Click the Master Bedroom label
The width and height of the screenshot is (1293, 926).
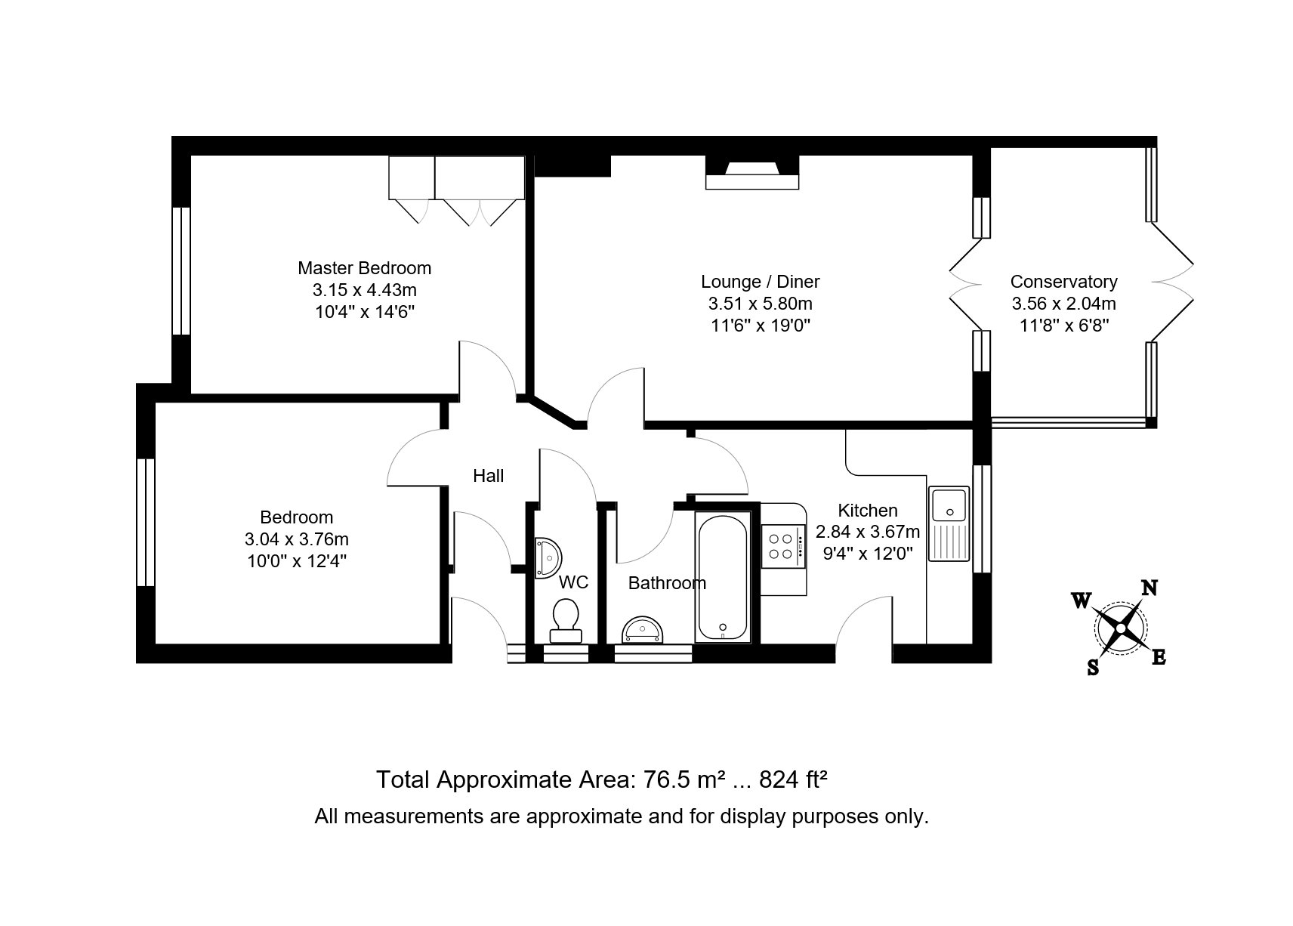pyautogui.click(x=364, y=268)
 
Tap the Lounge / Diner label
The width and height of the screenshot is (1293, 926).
pyautogui.click(x=761, y=282)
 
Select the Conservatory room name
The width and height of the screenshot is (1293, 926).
pyautogui.click(x=1064, y=282)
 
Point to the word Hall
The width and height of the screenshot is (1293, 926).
pyautogui.click(x=489, y=476)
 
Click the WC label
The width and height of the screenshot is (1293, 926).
pyautogui.click(x=573, y=582)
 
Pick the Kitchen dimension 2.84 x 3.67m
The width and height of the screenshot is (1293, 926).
pyautogui.click(x=868, y=532)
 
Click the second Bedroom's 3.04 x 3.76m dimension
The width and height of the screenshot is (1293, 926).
pyautogui.click(x=297, y=539)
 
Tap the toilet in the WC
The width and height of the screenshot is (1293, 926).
pyautogui.click(x=566, y=621)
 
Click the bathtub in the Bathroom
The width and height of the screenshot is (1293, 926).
pyautogui.click(x=723, y=577)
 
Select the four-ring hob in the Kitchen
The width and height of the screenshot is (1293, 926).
pyautogui.click(x=782, y=547)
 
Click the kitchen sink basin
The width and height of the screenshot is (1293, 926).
pyautogui.click(x=949, y=505)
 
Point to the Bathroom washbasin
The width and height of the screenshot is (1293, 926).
pyautogui.click(x=642, y=630)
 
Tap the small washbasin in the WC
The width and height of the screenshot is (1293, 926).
pyautogui.click(x=548, y=557)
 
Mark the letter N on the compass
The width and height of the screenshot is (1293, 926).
pyautogui.click(x=1150, y=588)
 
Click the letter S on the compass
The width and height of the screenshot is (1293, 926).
pyautogui.click(x=1093, y=668)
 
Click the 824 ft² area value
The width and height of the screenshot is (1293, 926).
pyautogui.click(x=794, y=779)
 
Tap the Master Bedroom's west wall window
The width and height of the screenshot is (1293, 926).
pyautogui.click(x=181, y=270)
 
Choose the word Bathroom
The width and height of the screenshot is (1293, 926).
pyautogui.click(x=667, y=583)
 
